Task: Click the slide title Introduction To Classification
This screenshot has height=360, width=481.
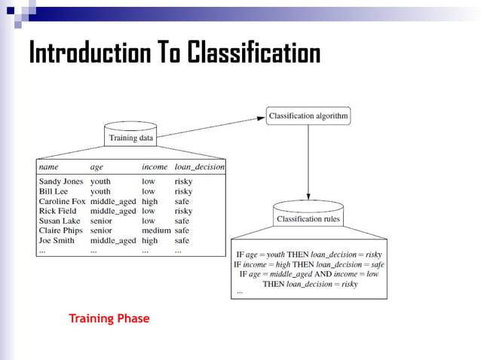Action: (174, 53)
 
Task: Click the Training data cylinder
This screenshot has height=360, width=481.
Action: (131, 138)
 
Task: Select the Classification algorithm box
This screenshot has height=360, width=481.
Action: (308, 117)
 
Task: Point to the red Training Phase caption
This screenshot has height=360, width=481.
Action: (109, 319)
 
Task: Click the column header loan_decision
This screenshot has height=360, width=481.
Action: (199, 166)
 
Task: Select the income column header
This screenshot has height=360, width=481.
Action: (155, 166)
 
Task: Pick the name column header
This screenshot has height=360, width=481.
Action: (48, 166)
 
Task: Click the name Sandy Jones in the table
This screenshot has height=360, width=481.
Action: (61, 182)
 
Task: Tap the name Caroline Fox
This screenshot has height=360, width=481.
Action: (62, 201)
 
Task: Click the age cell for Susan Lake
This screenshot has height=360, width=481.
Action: (101, 221)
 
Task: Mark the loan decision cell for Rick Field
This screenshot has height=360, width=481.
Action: (183, 211)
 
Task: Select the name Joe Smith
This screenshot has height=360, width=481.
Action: (57, 240)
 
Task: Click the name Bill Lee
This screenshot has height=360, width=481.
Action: (53, 191)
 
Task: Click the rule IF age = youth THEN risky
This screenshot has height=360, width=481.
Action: (308, 255)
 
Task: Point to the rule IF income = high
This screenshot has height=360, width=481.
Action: (308, 264)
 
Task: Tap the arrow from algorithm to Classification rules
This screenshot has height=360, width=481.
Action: (308, 162)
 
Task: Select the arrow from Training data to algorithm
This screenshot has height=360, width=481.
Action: (211, 127)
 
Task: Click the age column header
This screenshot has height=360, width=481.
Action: (97, 166)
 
